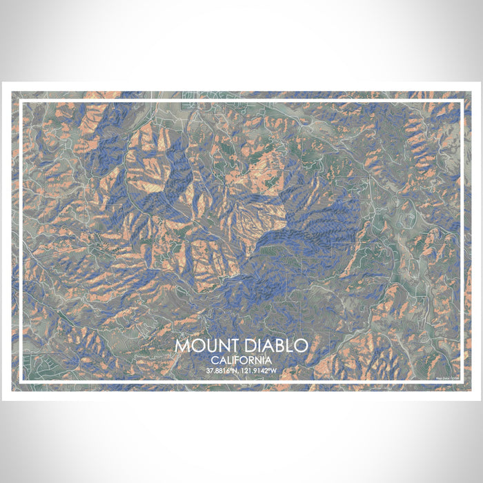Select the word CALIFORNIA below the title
point(241,360)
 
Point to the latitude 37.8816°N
point(224,371)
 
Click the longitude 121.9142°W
point(259,371)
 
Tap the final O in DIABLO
point(301,345)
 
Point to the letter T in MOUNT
point(227,345)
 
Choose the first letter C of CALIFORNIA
point(215,360)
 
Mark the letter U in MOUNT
point(205,345)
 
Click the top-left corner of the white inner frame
point(21,101)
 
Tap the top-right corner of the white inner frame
point(462,101)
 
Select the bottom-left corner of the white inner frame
point(21,383)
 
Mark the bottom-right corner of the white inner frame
point(462,383)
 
